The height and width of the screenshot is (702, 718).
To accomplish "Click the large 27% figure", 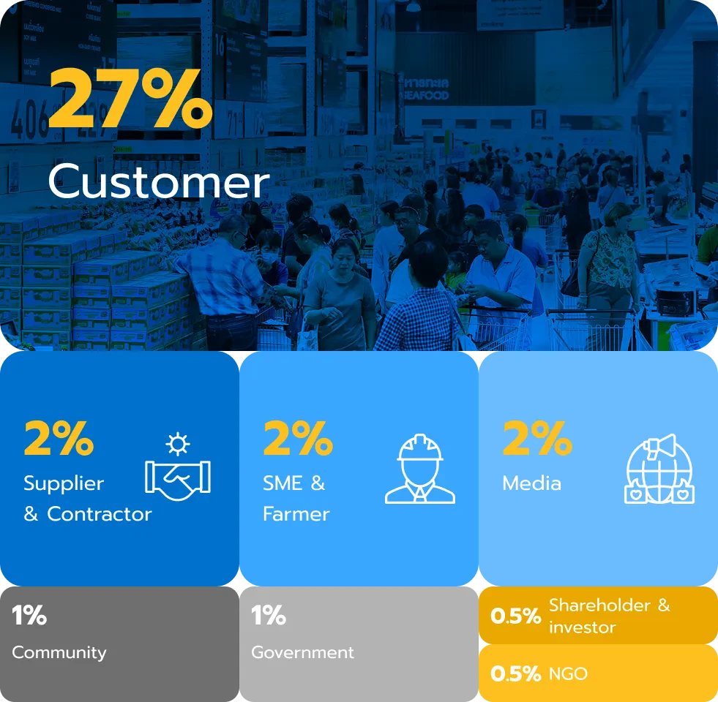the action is (130, 98).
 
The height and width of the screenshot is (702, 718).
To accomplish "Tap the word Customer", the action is (158, 181).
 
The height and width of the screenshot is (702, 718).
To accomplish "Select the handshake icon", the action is (178, 467).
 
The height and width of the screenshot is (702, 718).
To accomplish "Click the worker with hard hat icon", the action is (420, 469).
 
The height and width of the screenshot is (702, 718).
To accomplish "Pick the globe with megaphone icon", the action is (659, 469).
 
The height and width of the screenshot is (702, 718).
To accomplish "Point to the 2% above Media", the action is (537, 439).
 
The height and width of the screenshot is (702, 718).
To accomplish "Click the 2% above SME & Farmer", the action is (298, 439).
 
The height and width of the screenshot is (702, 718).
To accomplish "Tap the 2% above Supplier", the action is (59, 439).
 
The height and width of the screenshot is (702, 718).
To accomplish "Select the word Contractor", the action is (100, 514).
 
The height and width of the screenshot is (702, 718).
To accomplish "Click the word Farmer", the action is (296, 514).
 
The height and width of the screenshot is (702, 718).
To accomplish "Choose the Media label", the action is (531, 483).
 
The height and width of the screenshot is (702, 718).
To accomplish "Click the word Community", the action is (59, 652).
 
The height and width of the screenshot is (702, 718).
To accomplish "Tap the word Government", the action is (303, 652).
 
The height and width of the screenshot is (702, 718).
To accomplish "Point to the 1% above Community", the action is (29, 615).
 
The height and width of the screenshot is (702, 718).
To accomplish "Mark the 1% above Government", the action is (269, 615).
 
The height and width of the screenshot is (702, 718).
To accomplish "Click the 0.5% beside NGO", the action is (515, 673).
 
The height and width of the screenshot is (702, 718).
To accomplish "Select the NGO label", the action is (568, 673).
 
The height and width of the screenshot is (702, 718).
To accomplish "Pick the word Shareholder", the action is (600, 605).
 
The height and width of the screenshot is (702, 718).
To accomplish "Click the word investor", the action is (582, 627).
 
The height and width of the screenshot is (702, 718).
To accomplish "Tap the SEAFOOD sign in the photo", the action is (425, 95).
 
